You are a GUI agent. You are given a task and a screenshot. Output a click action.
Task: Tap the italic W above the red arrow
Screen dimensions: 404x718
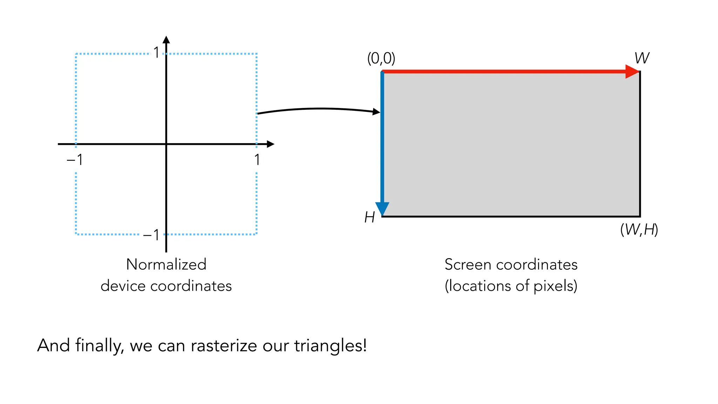pyautogui.click(x=642, y=58)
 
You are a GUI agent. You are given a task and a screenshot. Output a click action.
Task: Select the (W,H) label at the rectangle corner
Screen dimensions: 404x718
pyautogui.click(x=639, y=230)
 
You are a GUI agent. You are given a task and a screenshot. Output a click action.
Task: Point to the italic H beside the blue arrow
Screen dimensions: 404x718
pyautogui.click(x=370, y=217)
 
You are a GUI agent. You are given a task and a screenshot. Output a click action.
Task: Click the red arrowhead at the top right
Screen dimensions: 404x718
pyautogui.click(x=632, y=72)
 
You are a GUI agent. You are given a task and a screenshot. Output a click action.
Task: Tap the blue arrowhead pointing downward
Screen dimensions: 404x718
pyautogui.click(x=382, y=208)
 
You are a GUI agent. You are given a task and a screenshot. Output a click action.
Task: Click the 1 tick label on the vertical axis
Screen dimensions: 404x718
pyautogui.click(x=156, y=53)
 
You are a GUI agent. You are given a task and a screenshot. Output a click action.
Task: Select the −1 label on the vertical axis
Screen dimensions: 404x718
pyautogui.click(x=151, y=235)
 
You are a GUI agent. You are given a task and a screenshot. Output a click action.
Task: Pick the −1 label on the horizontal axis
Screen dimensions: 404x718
pyautogui.click(x=75, y=160)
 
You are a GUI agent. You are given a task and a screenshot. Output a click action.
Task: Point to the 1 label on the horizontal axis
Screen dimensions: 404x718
pyautogui.click(x=257, y=160)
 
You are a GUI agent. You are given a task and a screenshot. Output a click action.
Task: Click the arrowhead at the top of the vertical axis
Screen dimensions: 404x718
pyautogui.click(x=167, y=40)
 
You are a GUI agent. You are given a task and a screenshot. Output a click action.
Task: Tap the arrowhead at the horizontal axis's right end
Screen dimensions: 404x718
pyautogui.click(x=270, y=144)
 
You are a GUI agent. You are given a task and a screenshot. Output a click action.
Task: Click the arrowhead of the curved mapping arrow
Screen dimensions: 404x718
pyautogui.click(x=376, y=112)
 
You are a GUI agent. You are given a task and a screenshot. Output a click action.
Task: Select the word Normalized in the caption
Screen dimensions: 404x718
pyautogui.click(x=166, y=264)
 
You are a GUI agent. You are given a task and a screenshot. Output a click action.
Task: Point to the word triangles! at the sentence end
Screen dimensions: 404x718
pyautogui.click(x=330, y=346)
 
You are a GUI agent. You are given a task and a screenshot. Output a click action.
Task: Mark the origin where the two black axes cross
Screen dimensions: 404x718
pyautogui.click(x=166, y=144)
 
